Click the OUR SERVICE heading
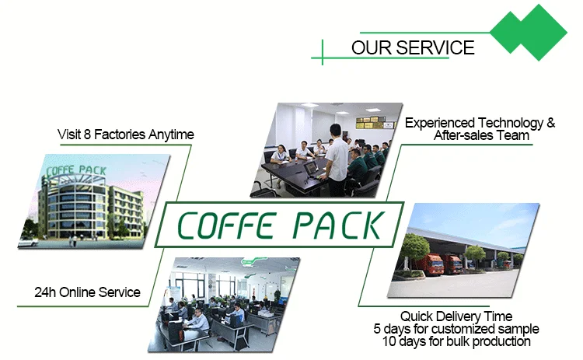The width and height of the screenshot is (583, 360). [413, 47]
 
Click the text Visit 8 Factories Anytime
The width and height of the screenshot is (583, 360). [126, 135]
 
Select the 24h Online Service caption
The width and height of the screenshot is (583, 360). [87, 292]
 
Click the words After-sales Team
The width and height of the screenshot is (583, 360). [481, 135]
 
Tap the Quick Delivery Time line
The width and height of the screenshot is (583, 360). [456, 316]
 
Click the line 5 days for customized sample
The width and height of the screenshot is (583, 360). [456, 329]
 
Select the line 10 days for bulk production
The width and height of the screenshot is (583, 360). [456, 341]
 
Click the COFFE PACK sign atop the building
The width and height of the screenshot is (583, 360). [76, 170]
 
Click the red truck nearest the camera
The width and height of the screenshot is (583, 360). [430, 264]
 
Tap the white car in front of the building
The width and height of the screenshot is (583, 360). [28, 243]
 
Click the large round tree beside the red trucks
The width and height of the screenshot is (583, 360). [411, 249]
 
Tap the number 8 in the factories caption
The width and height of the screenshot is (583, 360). [87, 135]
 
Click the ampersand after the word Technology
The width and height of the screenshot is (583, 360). [551, 123]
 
